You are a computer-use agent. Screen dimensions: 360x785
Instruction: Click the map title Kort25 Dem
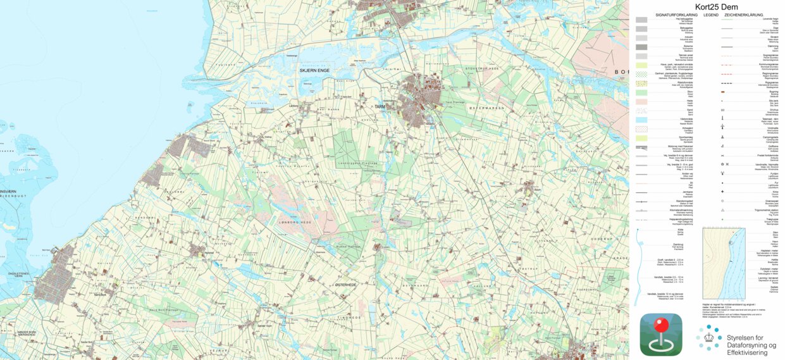(x=707, y=6)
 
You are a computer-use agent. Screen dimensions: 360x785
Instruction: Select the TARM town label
(x=380, y=106)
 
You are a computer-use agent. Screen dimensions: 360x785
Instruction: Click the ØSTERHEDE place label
(x=346, y=285)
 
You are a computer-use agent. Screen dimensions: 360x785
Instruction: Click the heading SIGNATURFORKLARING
(x=677, y=14)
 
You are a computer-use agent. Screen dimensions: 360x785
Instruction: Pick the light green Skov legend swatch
(x=641, y=92)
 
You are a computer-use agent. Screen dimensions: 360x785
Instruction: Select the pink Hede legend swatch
(x=641, y=101)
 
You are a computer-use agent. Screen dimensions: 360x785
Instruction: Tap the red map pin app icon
(x=661, y=335)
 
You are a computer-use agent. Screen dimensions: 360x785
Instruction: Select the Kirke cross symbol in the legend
(x=722, y=191)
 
